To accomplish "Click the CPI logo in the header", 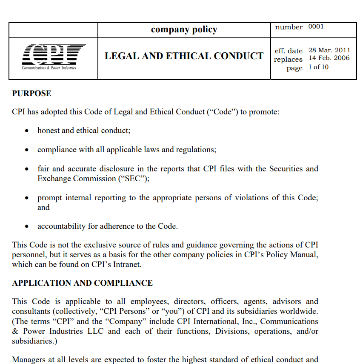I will [54, 54].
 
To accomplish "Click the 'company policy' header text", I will [184, 29].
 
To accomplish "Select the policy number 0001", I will [316, 27].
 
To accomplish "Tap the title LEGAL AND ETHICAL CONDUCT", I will [184, 56].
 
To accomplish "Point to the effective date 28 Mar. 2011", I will [329, 50].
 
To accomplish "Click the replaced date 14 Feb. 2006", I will [329, 58].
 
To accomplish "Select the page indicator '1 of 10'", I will [318, 67].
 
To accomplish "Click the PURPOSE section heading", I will [31, 94].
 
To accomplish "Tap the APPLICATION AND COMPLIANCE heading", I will [82, 283].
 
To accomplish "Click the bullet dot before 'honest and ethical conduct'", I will [27, 131].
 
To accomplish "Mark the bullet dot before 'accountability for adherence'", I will [27, 227].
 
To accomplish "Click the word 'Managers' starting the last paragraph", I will [28, 360].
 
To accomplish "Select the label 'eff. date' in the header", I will [289, 51].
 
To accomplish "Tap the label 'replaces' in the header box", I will [288, 60].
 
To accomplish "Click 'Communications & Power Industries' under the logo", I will [49, 68].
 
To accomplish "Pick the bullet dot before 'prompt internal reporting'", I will [27, 198].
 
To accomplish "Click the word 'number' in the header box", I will [289, 27].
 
